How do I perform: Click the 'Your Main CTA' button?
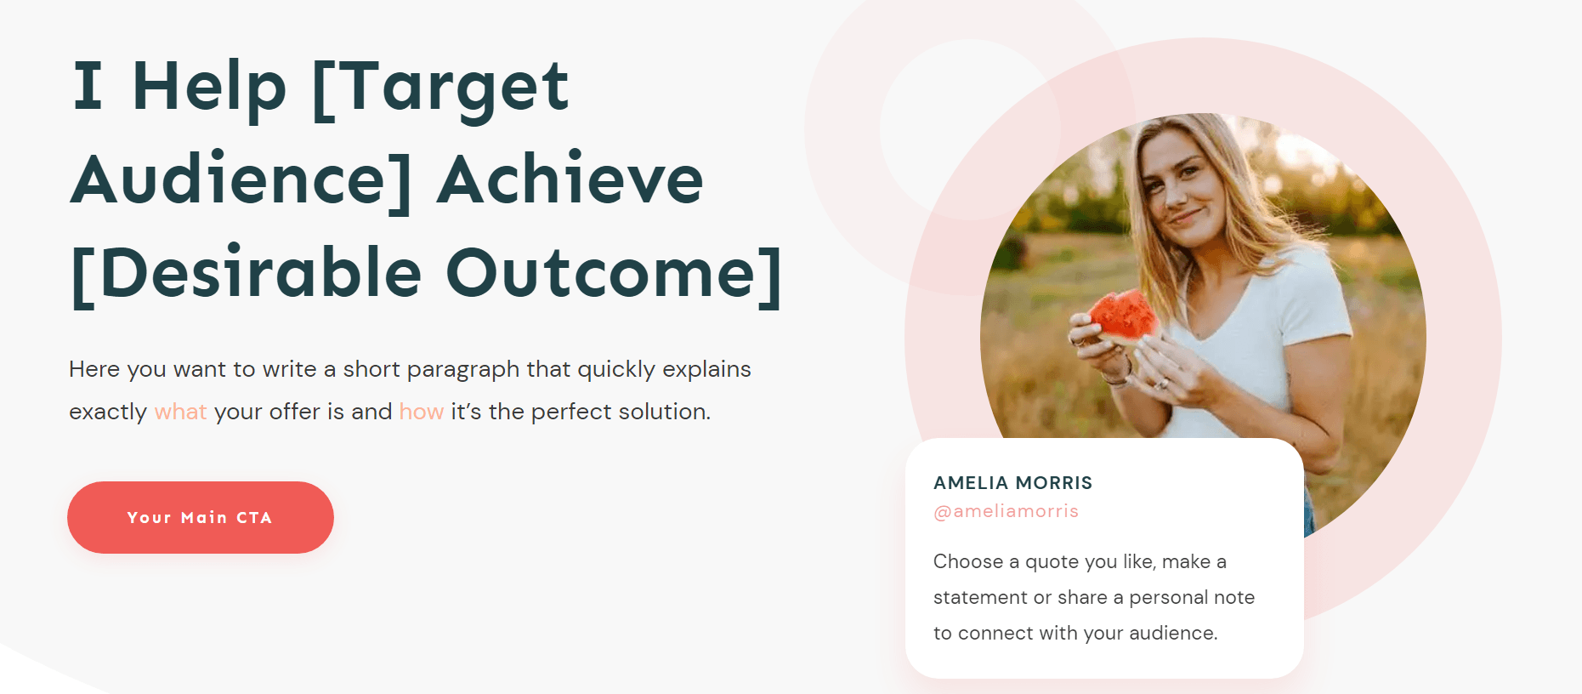pos(201,517)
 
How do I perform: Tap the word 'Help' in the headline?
pos(209,89)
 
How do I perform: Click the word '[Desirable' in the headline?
pos(247,274)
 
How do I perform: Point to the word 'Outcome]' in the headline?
pos(614,274)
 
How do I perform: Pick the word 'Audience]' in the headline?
pos(241,180)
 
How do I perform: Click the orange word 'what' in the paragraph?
pos(180,412)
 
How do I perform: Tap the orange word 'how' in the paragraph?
pos(422,412)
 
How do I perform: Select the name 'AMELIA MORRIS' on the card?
pos(1013,483)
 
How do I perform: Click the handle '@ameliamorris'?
pos(1006,511)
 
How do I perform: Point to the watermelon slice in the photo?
pos(1123,318)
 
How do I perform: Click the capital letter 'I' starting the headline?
pos(88,85)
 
